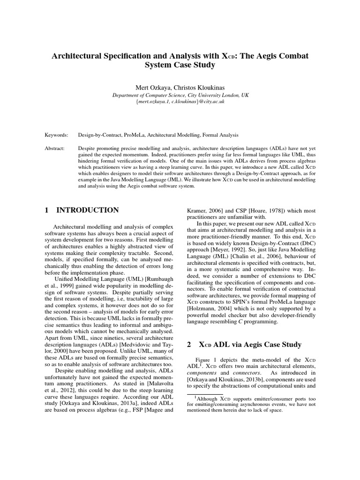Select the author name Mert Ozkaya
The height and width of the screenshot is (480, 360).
(152, 87)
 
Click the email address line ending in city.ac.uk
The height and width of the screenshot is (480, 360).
(180, 101)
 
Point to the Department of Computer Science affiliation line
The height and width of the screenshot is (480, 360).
(180, 94)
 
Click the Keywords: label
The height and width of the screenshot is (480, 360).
(56, 135)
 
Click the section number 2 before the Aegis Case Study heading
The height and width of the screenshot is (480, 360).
(189, 345)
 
